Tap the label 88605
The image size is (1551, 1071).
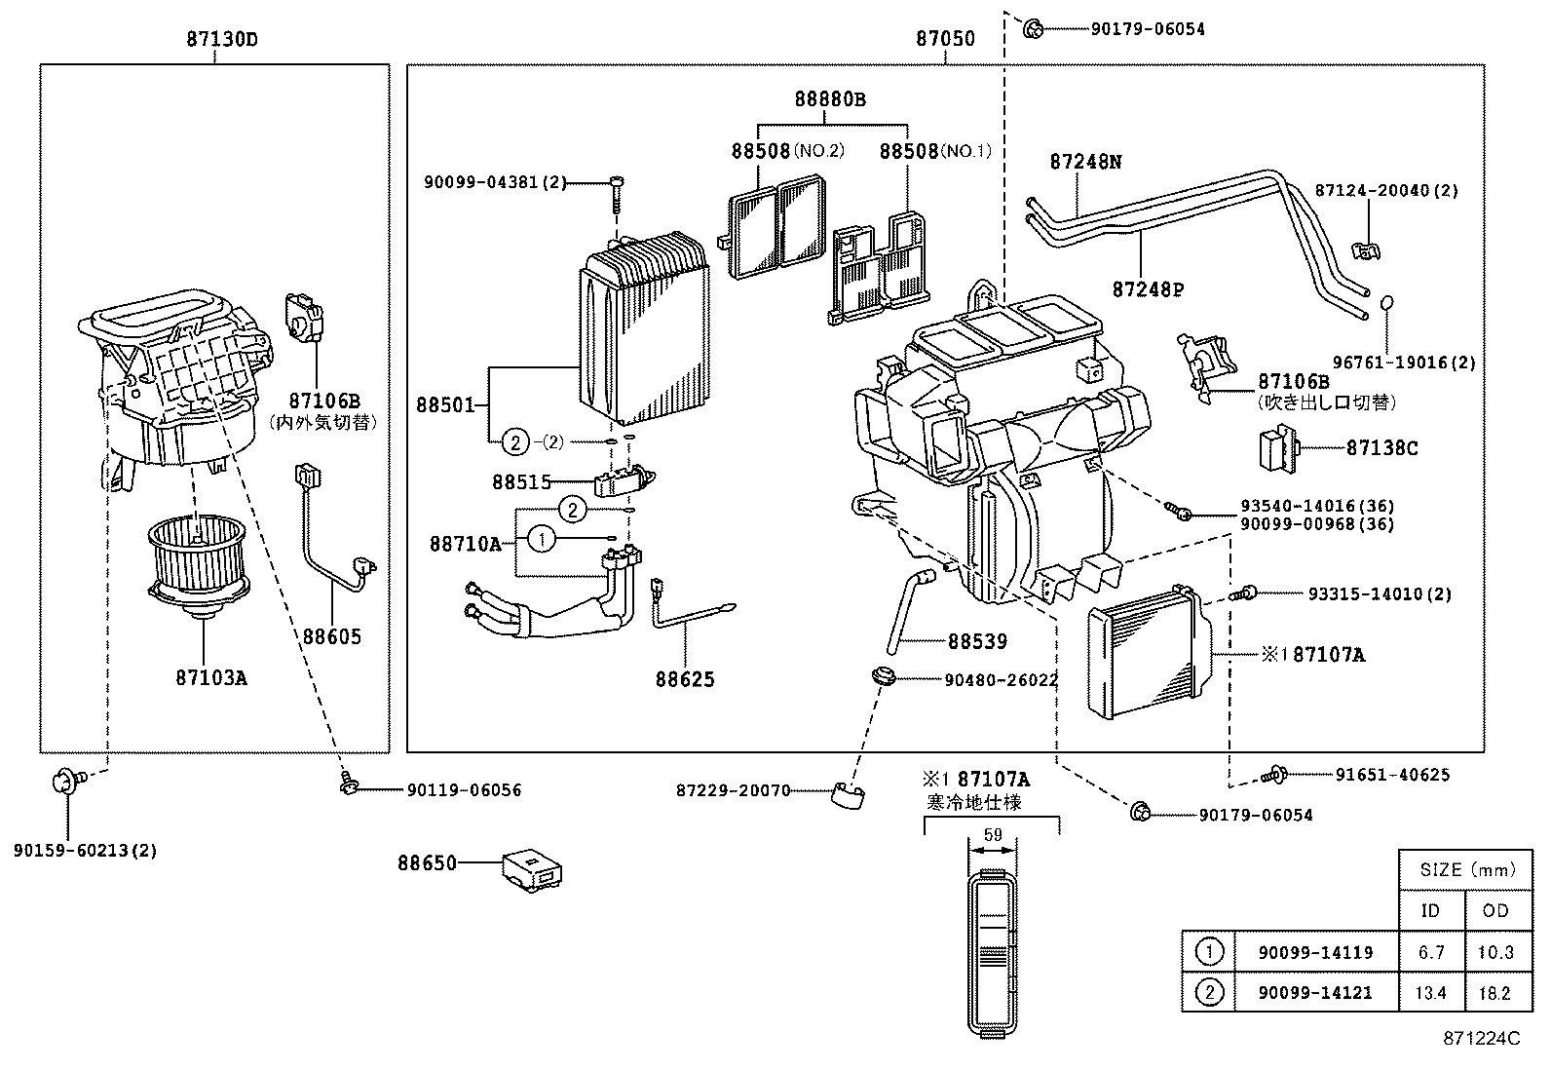point(331,636)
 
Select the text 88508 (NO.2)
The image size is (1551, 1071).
point(787,151)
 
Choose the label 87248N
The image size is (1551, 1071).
point(1085,162)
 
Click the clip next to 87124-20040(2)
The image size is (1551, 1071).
point(1368,250)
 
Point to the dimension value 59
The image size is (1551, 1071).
point(993,835)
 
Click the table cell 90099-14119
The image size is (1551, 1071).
point(1315,952)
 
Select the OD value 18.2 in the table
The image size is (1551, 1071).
point(1493,993)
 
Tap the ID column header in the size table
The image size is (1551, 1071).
point(1430,911)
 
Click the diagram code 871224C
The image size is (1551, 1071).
point(1480,1039)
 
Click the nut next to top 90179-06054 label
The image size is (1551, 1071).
point(1035,29)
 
